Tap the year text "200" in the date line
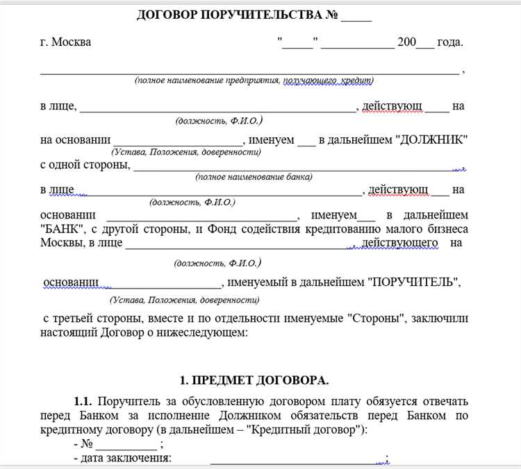click(406, 42)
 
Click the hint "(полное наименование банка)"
click(254, 177)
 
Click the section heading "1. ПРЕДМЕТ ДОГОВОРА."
click(254, 381)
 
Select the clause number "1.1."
click(84, 402)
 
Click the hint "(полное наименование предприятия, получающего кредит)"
click(254, 80)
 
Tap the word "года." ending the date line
click(449, 42)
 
